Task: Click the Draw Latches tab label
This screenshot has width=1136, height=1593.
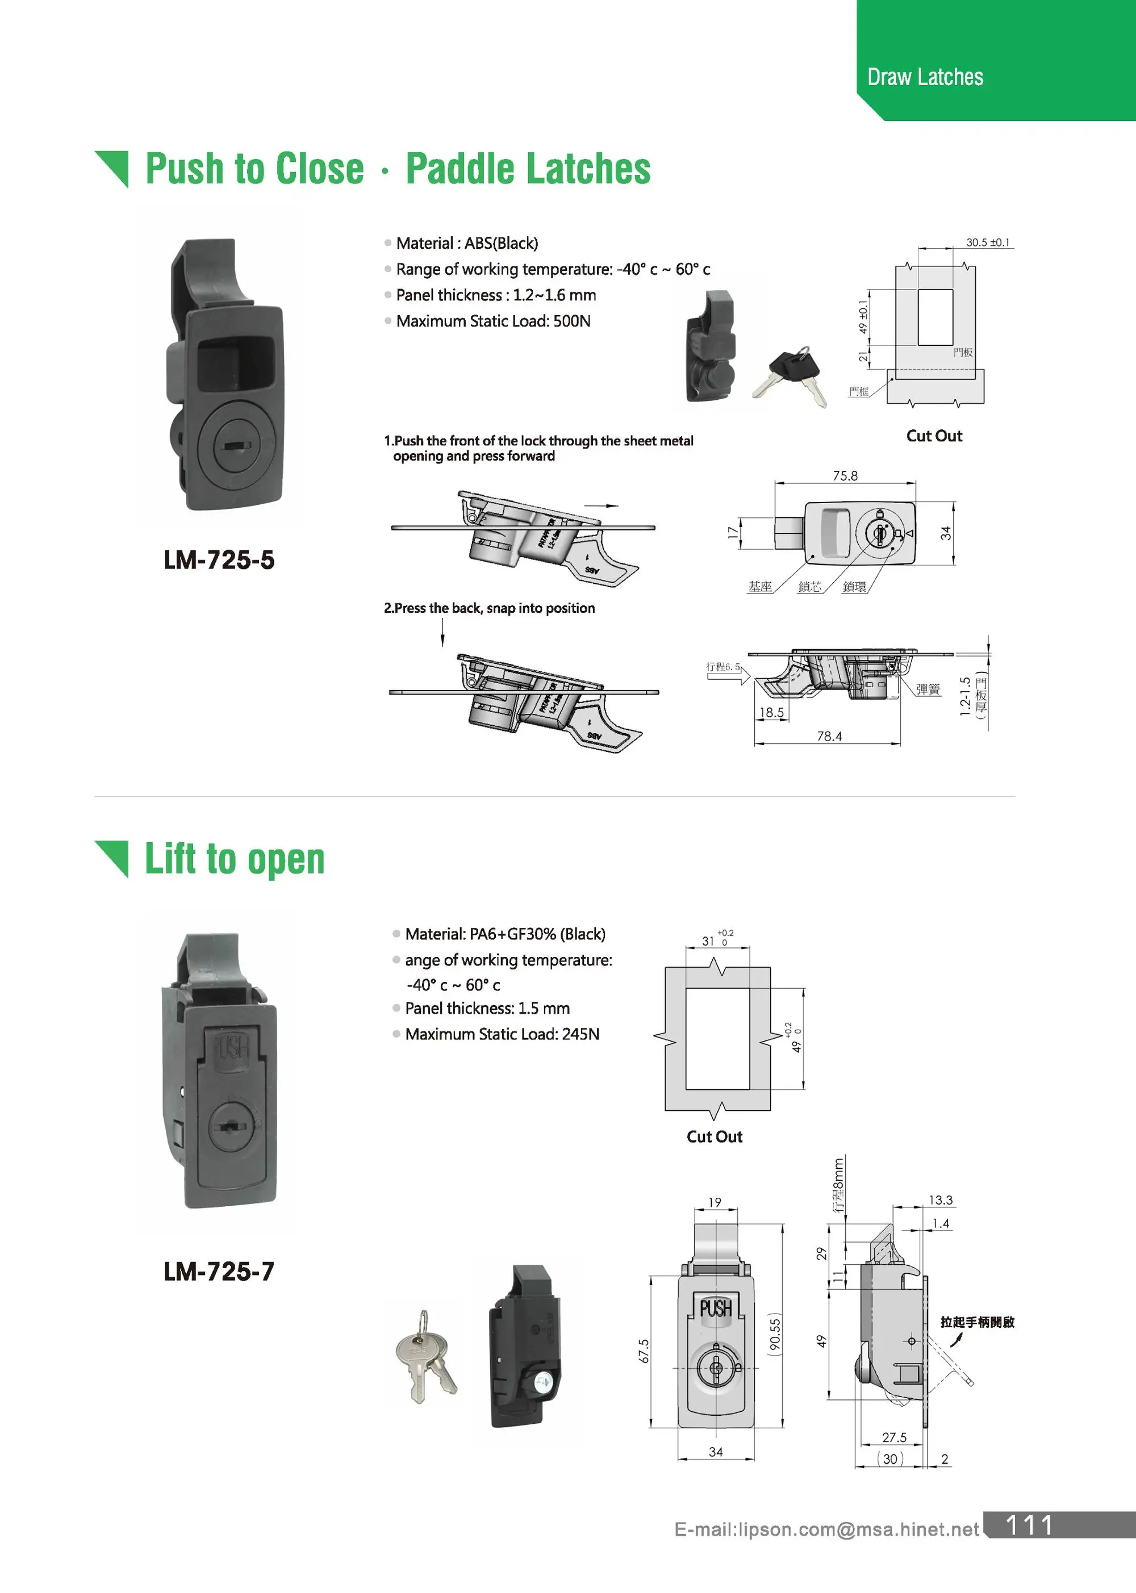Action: (x=925, y=77)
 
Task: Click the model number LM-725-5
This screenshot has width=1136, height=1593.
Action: (x=219, y=560)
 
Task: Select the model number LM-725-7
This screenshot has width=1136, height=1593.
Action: (x=219, y=1272)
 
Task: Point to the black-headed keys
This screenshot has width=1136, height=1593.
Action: (x=795, y=378)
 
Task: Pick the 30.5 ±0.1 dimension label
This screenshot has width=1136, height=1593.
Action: (x=988, y=242)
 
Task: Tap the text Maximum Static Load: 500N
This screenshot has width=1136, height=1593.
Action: (x=492, y=321)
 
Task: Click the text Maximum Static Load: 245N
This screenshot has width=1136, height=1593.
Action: (x=502, y=1034)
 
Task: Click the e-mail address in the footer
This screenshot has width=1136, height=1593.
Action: (x=826, y=1530)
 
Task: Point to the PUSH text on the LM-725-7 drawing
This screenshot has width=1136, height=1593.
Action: (x=716, y=1308)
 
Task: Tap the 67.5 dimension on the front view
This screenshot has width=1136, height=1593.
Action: (x=644, y=1351)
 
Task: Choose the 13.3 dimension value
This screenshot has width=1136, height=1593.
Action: (x=940, y=1201)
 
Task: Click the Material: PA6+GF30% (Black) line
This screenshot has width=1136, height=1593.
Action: (x=504, y=934)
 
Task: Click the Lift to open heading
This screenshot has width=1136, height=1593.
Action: (x=235, y=859)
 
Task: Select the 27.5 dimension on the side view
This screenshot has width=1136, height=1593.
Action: (x=893, y=1438)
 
